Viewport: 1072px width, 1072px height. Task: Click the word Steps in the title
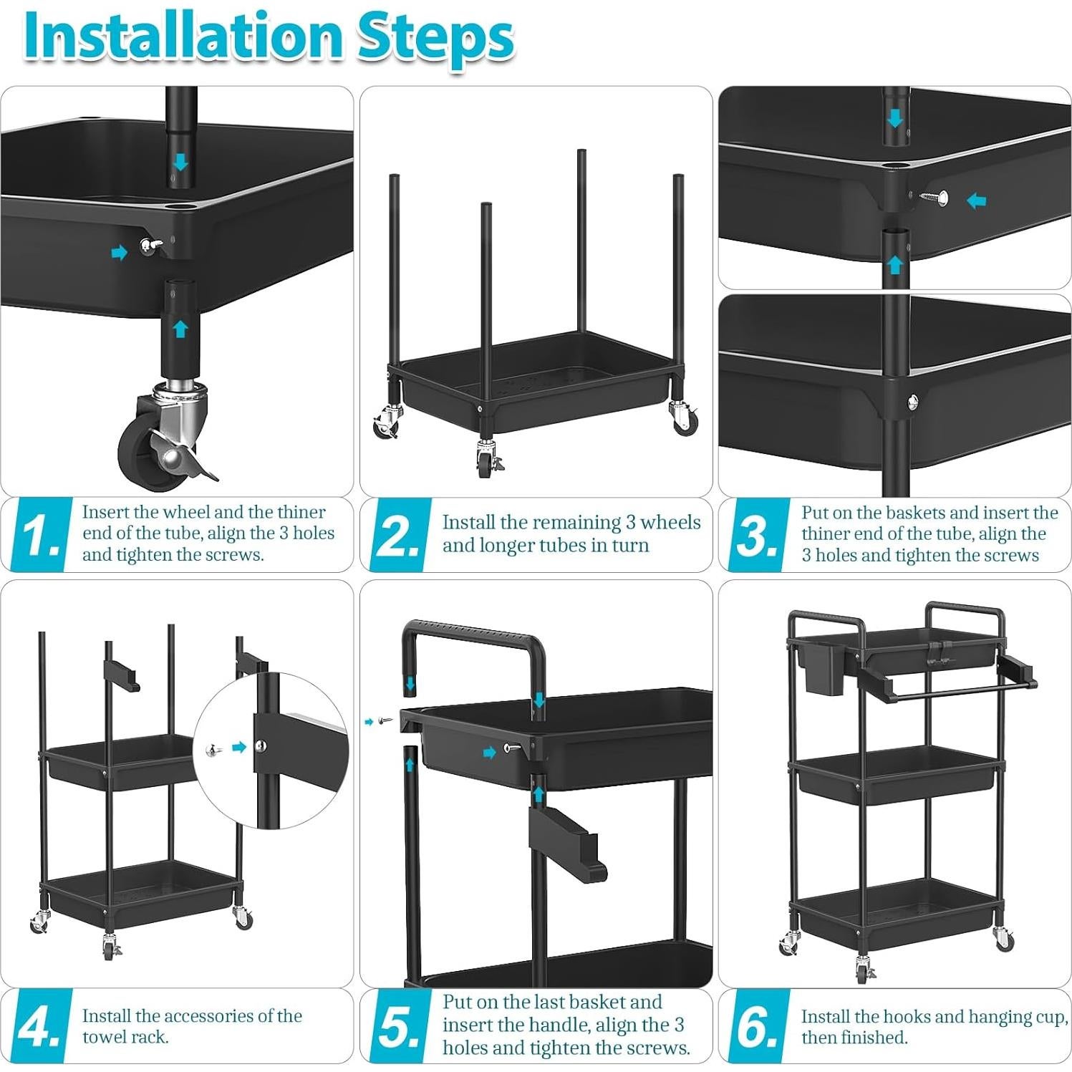(435, 39)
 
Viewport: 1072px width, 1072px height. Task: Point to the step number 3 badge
(758, 534)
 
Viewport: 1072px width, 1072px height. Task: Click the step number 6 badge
(758, 1025)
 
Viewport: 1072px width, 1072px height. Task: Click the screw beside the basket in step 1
(149, 246)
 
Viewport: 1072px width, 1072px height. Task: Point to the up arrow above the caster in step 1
(180, 329)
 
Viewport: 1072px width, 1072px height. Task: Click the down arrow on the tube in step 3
(895, 118)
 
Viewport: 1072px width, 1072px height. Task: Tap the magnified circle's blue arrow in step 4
(239, 747)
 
